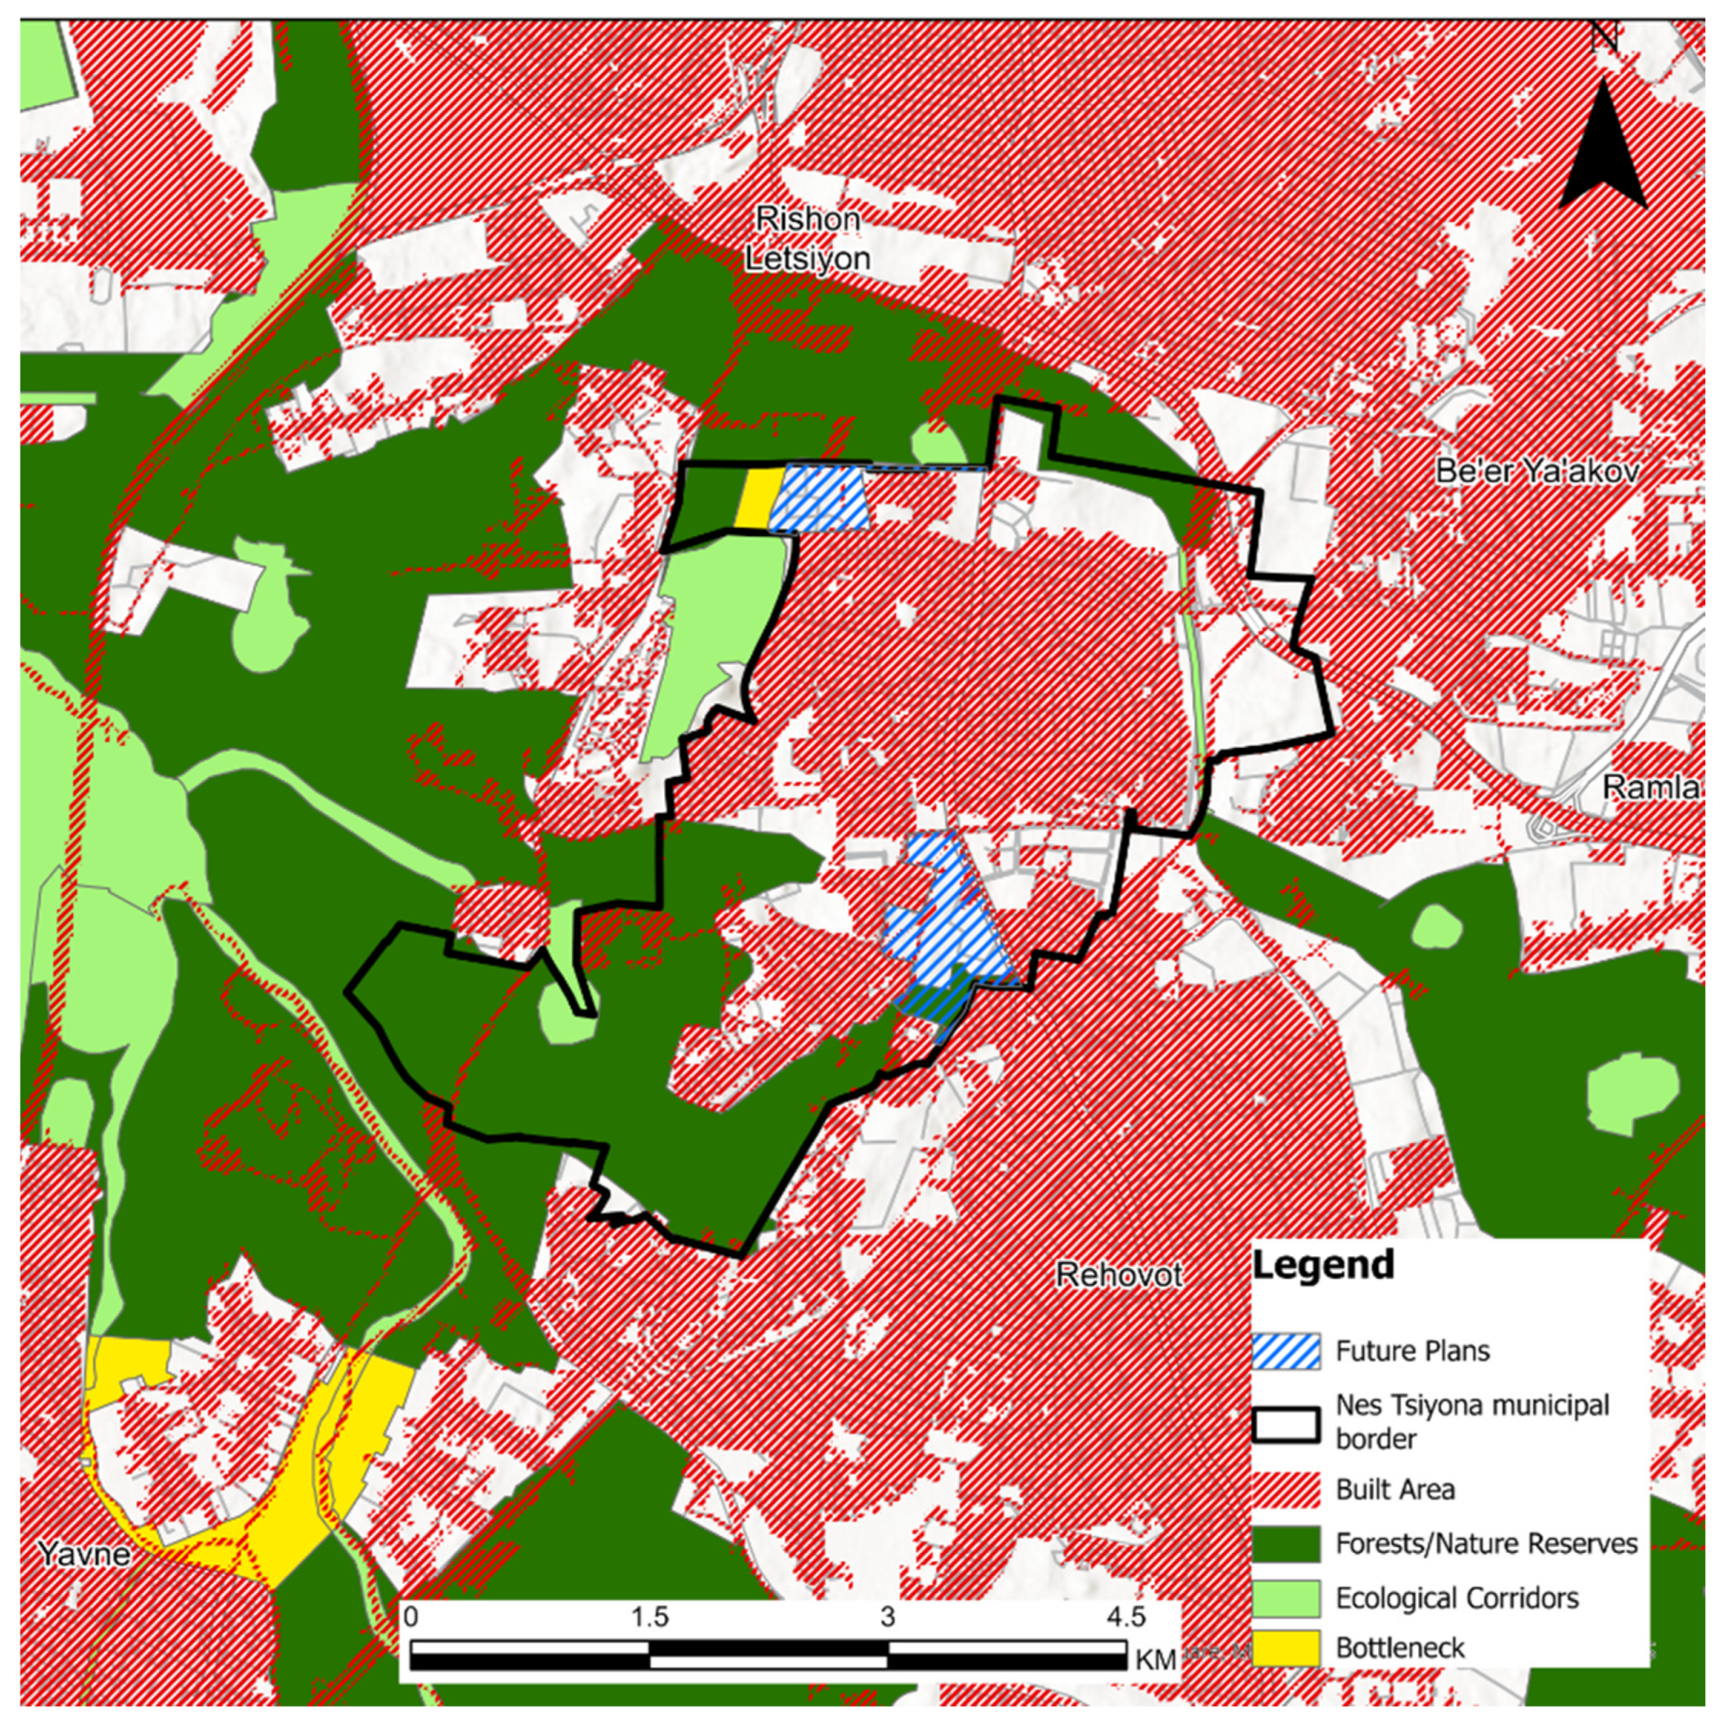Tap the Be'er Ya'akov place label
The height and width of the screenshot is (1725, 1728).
click(1538, 471)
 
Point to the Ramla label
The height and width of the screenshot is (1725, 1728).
click(1650, 787)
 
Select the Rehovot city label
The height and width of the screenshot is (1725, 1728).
click(1119, 1274)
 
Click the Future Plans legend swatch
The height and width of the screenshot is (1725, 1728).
click(1286, 1351)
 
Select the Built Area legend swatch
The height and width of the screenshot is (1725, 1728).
click(1286, 1490)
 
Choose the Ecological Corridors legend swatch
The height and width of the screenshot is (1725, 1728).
click(1286, 1598)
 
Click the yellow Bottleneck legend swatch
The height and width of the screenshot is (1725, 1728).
click(1286, 1648)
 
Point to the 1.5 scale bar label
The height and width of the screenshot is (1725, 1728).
click(649, 1617)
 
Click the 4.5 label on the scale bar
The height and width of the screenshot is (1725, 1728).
click(1125, 1617)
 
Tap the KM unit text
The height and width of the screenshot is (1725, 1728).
click(1156, 1659)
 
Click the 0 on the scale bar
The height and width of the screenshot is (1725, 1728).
click(411, 1617)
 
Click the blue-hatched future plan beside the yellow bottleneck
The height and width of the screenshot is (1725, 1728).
click(821, 498)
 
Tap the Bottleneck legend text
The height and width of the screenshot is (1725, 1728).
click(1400, 1648)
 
